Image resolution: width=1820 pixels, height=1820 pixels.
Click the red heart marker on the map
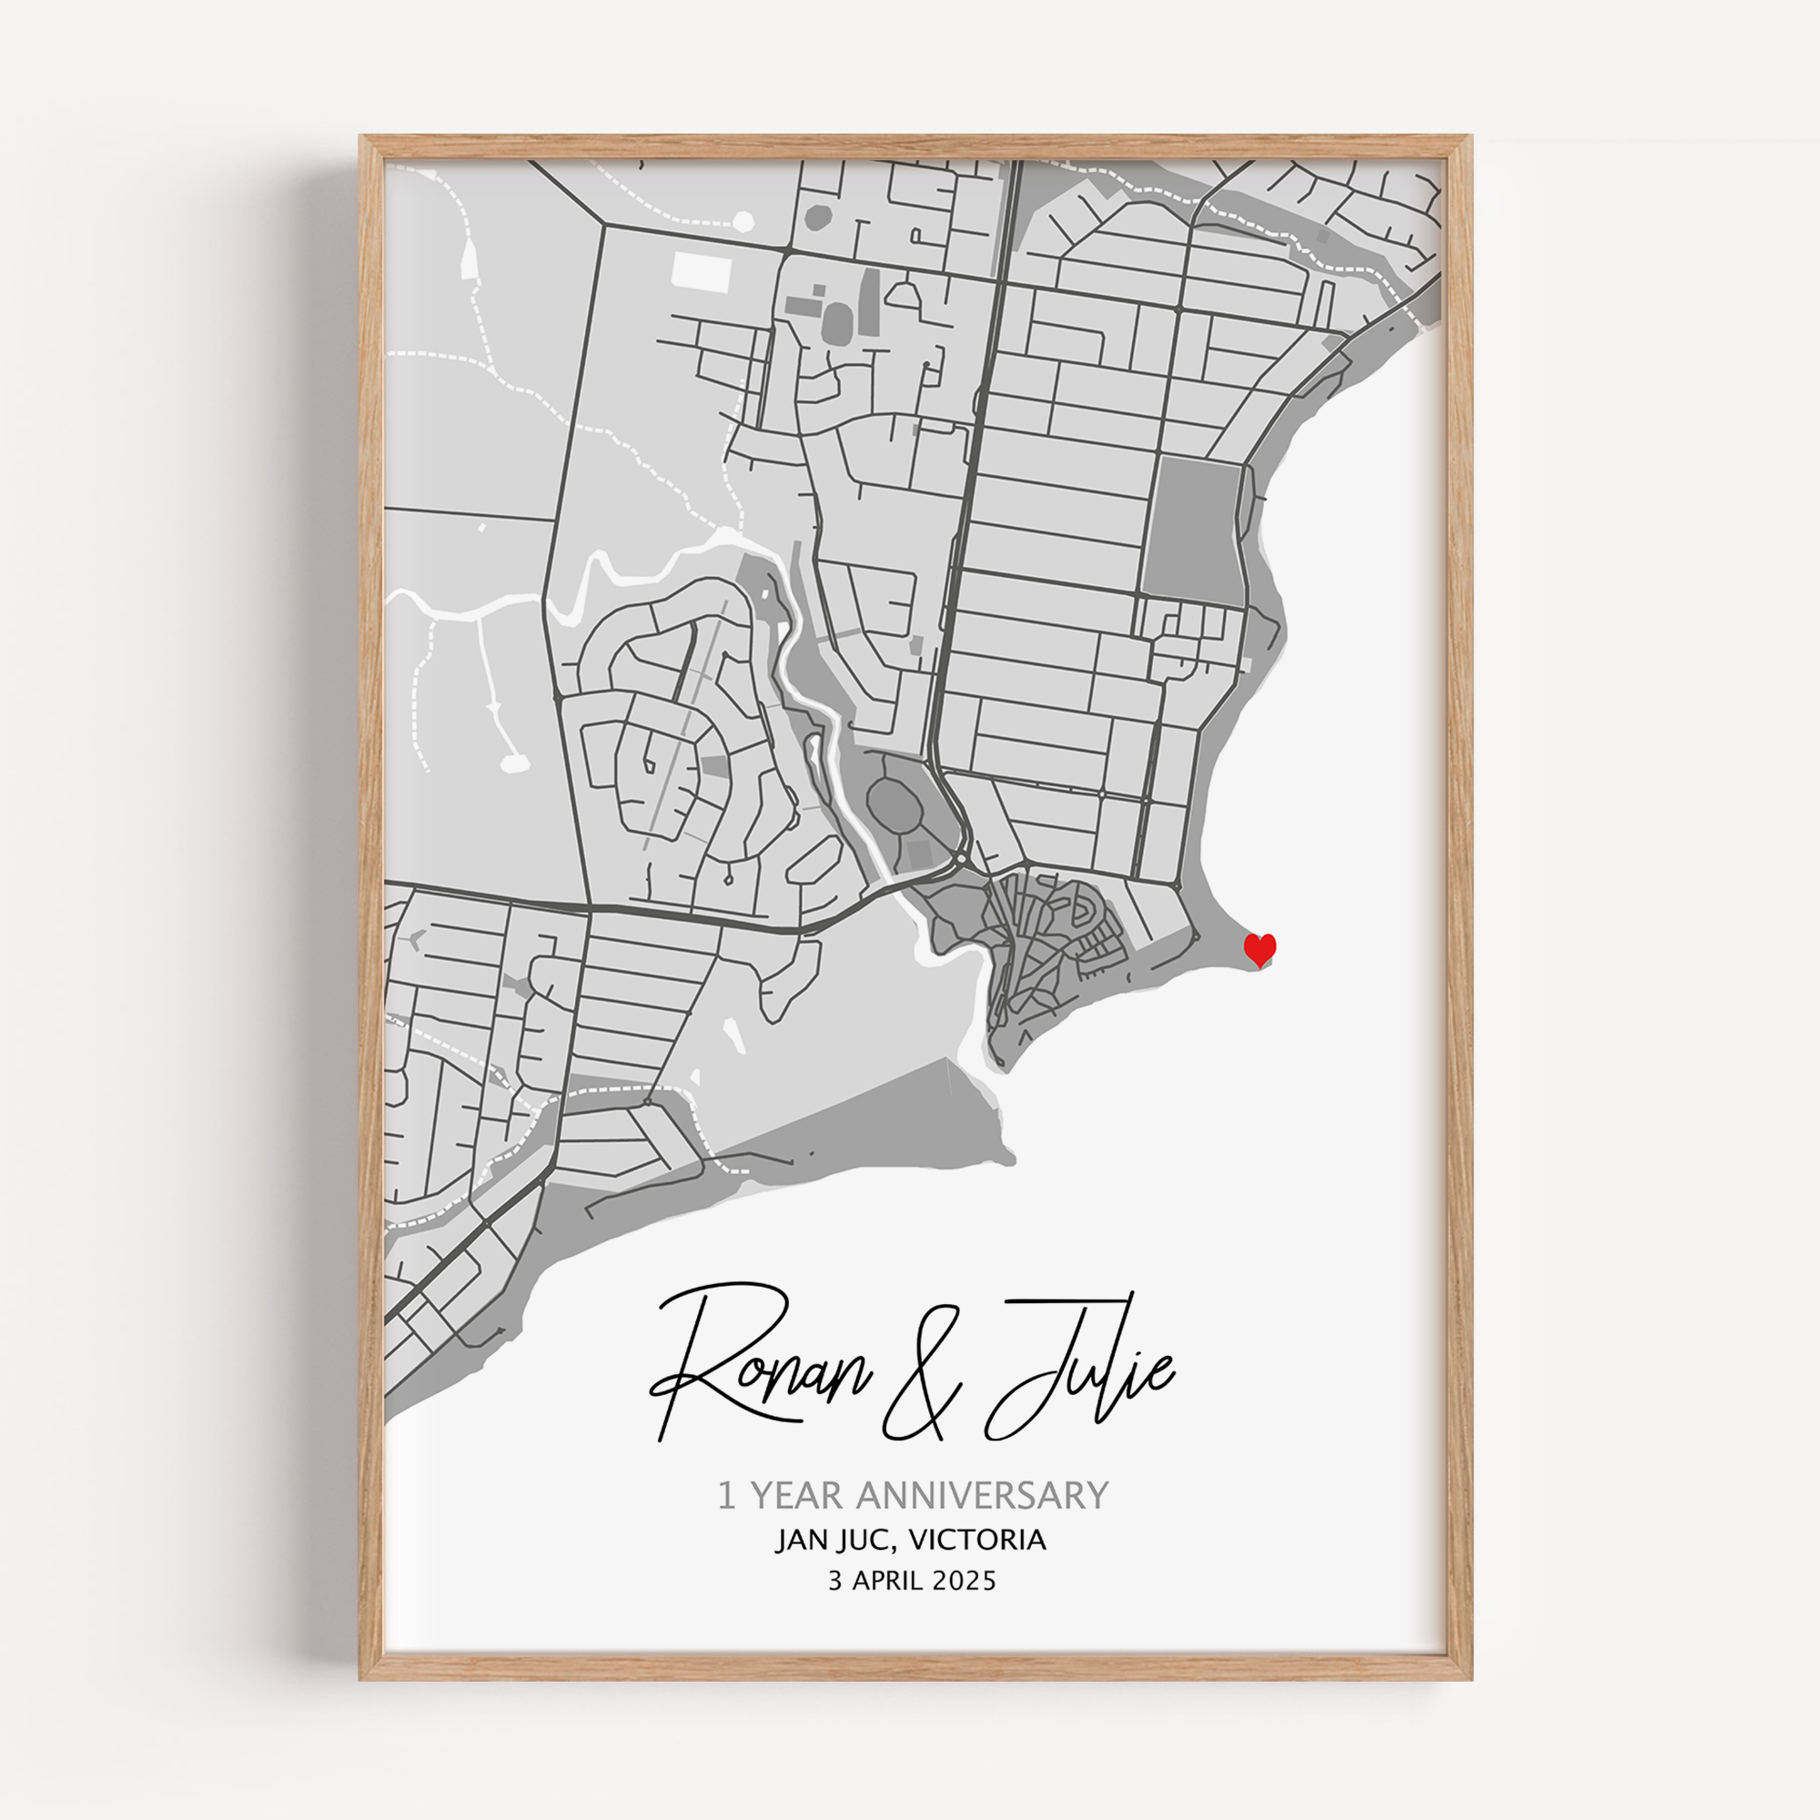[x=1259, y=949]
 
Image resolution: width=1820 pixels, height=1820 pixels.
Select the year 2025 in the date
[x=964, y=1580]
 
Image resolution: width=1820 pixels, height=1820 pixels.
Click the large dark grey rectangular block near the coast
[x=1193, y=531]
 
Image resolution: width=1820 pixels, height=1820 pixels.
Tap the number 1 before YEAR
[x=725, y=1495]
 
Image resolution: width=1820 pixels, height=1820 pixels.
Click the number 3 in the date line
[x=834, y=1580]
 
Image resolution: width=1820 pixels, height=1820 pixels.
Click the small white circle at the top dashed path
[x=743, y=221]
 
